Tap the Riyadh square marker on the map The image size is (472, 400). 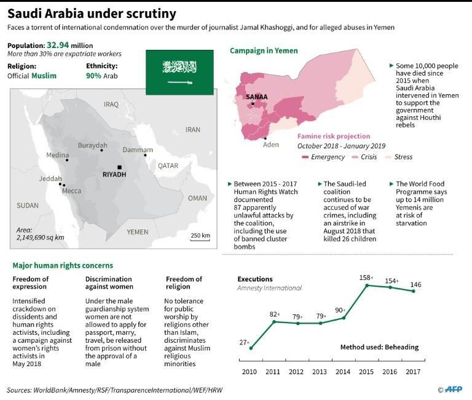[x=120, y=167]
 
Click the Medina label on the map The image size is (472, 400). [x=57, y=154]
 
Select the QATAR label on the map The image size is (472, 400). [x=168, y=166]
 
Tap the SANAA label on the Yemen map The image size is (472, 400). [x=256, y=97]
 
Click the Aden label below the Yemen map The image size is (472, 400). [x=270, y=145]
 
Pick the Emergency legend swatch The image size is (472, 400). [x=305, y=157]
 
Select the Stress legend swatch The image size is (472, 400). [x=389, y=157]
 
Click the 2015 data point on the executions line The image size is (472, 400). [x=367, y=285]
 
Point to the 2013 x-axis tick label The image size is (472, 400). [x=320, y=372]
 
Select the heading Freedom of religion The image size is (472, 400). [x=184, y=283]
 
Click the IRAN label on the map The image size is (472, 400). [x=193, y=130]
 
